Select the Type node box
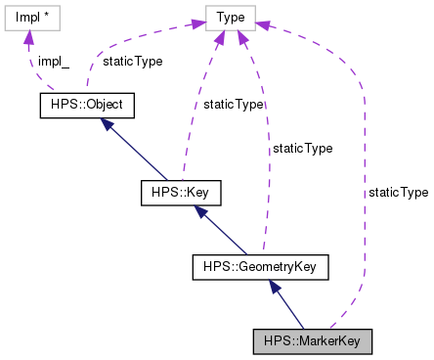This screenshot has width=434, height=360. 231,17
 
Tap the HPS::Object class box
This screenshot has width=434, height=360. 85,103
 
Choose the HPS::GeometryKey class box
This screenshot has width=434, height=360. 260,265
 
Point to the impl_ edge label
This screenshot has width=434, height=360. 53,60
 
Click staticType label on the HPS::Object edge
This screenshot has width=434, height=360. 133,60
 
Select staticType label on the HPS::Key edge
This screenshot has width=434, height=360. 233,104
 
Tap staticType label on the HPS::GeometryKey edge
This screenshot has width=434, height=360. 302,149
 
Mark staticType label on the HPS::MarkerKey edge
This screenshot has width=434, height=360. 398,193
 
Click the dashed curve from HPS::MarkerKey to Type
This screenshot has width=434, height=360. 363,196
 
